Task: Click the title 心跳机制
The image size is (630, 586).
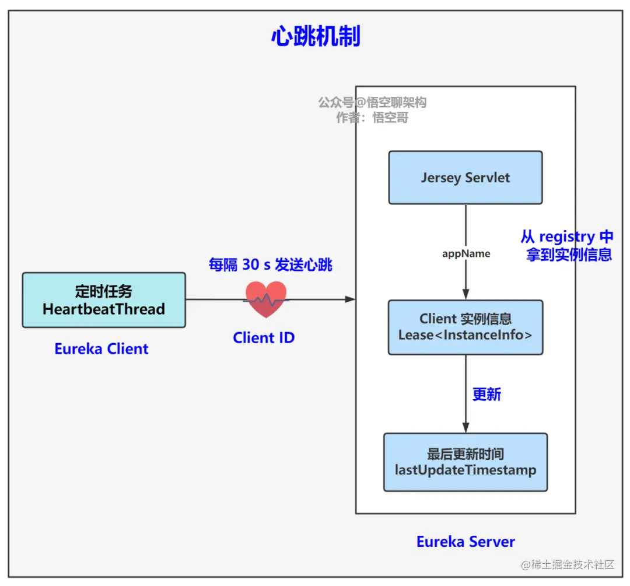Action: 316,37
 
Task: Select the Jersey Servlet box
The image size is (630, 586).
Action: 465,177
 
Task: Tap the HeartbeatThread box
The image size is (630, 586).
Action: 104,300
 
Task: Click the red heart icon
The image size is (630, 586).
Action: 266,299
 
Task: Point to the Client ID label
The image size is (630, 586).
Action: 264,338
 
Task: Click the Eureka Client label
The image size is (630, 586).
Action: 101,349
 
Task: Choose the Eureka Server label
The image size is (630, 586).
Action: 466,542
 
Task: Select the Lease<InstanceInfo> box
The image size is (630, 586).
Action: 465,327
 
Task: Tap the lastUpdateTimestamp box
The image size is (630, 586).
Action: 465,462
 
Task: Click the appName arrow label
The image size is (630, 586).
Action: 466,253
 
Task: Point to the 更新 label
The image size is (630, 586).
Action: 487,395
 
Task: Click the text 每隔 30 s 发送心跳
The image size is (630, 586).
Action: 270,264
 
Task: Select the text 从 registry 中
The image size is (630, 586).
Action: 566,237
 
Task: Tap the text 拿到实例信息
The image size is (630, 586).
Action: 569,255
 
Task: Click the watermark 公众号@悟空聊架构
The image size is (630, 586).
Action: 372,103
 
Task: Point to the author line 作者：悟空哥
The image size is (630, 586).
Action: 372,118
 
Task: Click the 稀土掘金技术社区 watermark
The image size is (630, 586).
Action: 568,564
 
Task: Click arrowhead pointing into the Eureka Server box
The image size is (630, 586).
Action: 350,299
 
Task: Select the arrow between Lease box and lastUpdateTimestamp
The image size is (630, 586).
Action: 466,394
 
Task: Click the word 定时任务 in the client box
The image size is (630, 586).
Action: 104,291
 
